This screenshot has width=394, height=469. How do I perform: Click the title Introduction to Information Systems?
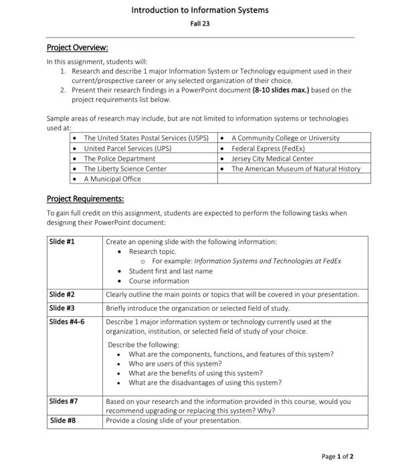[x=199, y=10]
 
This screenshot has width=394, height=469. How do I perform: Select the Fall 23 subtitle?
[x=199, y=25]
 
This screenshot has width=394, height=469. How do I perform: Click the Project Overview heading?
[x=77, y=48]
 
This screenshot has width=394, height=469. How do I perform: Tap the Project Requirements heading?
[x=85, y=199]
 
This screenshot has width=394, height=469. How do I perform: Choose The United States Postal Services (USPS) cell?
[x=146, y=138]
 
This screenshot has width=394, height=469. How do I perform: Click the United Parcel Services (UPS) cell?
[x=127, y=148]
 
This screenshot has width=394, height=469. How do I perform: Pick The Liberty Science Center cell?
[x=125, y=169]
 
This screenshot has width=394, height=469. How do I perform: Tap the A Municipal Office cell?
[x=112, y=179]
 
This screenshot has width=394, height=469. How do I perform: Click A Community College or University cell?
[x=285, y=138]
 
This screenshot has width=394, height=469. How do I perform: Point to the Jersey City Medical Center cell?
[x=272, y=159]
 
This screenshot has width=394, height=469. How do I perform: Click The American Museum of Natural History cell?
[x=296, y=169]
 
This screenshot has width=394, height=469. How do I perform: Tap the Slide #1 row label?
[x=62, y=242]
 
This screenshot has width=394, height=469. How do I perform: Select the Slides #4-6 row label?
[x=67, y=322]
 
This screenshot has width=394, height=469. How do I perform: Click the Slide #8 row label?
[x=62, y=421]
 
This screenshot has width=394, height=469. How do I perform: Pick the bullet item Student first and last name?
[x=171, y=271]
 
